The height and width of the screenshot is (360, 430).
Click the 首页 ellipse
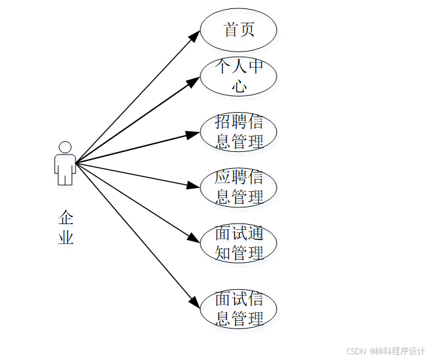239,30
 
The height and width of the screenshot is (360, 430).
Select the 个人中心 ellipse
239,76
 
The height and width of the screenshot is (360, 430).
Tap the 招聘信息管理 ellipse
239,132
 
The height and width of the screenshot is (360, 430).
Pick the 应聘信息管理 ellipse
239,187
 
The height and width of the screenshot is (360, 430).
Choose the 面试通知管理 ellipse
239,243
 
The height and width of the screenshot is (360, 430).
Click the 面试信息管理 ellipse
239,308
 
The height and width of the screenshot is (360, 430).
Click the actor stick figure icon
64,164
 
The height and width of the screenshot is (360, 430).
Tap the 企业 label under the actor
66,227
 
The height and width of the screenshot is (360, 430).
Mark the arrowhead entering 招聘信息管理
193,135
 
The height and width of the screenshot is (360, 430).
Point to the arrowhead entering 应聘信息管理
193,185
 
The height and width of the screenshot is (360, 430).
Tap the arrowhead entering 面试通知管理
193,237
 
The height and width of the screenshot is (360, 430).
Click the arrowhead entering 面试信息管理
194,301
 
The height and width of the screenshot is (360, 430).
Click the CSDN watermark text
356,351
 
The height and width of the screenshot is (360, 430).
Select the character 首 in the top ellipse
231,30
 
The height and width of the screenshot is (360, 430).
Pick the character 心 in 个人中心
239,86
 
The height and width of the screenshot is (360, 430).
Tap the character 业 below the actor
66,237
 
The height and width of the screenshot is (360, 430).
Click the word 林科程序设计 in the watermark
402,351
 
